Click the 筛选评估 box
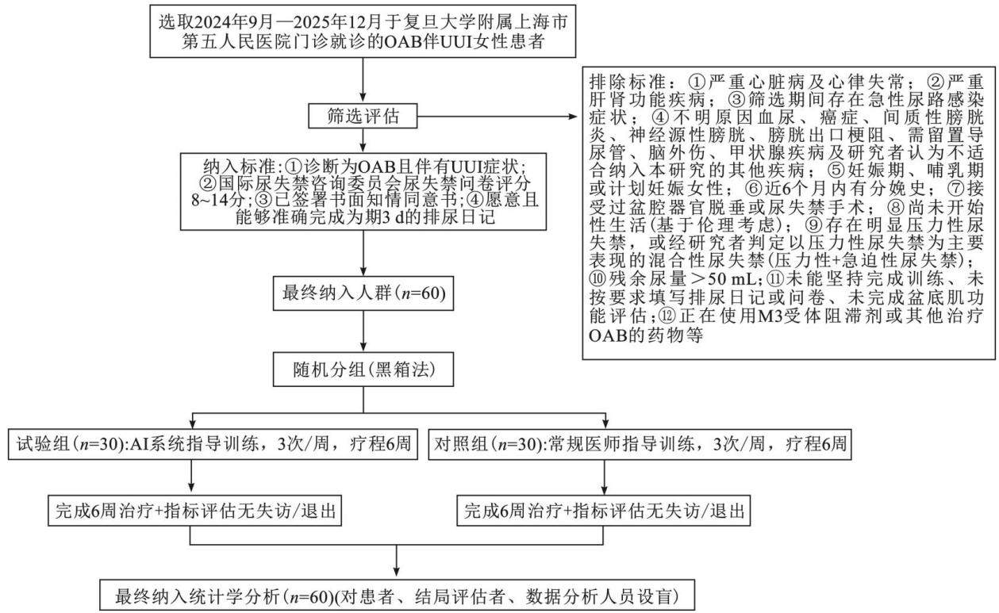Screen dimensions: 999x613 (363, 116)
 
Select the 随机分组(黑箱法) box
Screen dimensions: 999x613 (363, 369)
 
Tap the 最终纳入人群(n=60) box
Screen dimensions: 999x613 (363, 293)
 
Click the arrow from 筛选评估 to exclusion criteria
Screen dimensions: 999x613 (498, 117)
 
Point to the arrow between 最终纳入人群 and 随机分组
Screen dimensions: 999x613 (363, 331)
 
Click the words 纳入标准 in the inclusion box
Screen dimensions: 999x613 (240, 167)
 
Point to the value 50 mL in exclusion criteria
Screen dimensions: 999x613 (732, 278)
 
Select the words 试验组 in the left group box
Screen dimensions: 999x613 (44, 443)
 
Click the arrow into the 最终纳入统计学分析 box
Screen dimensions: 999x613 (396, 561)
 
